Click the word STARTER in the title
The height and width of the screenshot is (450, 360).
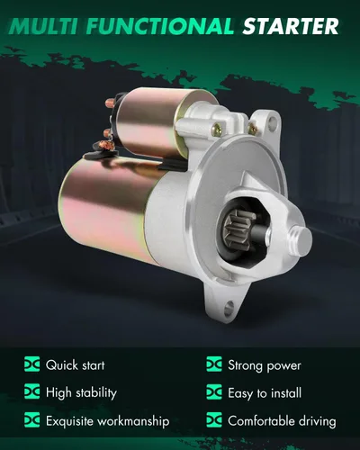pyautogui.click(x=291, y=26)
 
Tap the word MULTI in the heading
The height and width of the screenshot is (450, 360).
pyautogui.click(x=44, y=26)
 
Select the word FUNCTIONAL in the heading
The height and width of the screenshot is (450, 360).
pyautogui.click(x=160, y=26)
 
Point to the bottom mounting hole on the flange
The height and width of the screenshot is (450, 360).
pyautogui.click(x=229, y=307)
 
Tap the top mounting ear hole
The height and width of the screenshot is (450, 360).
pyautogui.click(x=272, y=121)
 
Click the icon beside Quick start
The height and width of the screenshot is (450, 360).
pyautogui.click(x=31, y=364)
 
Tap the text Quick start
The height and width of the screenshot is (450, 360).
pyautogui.click(x=76, y=365)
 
